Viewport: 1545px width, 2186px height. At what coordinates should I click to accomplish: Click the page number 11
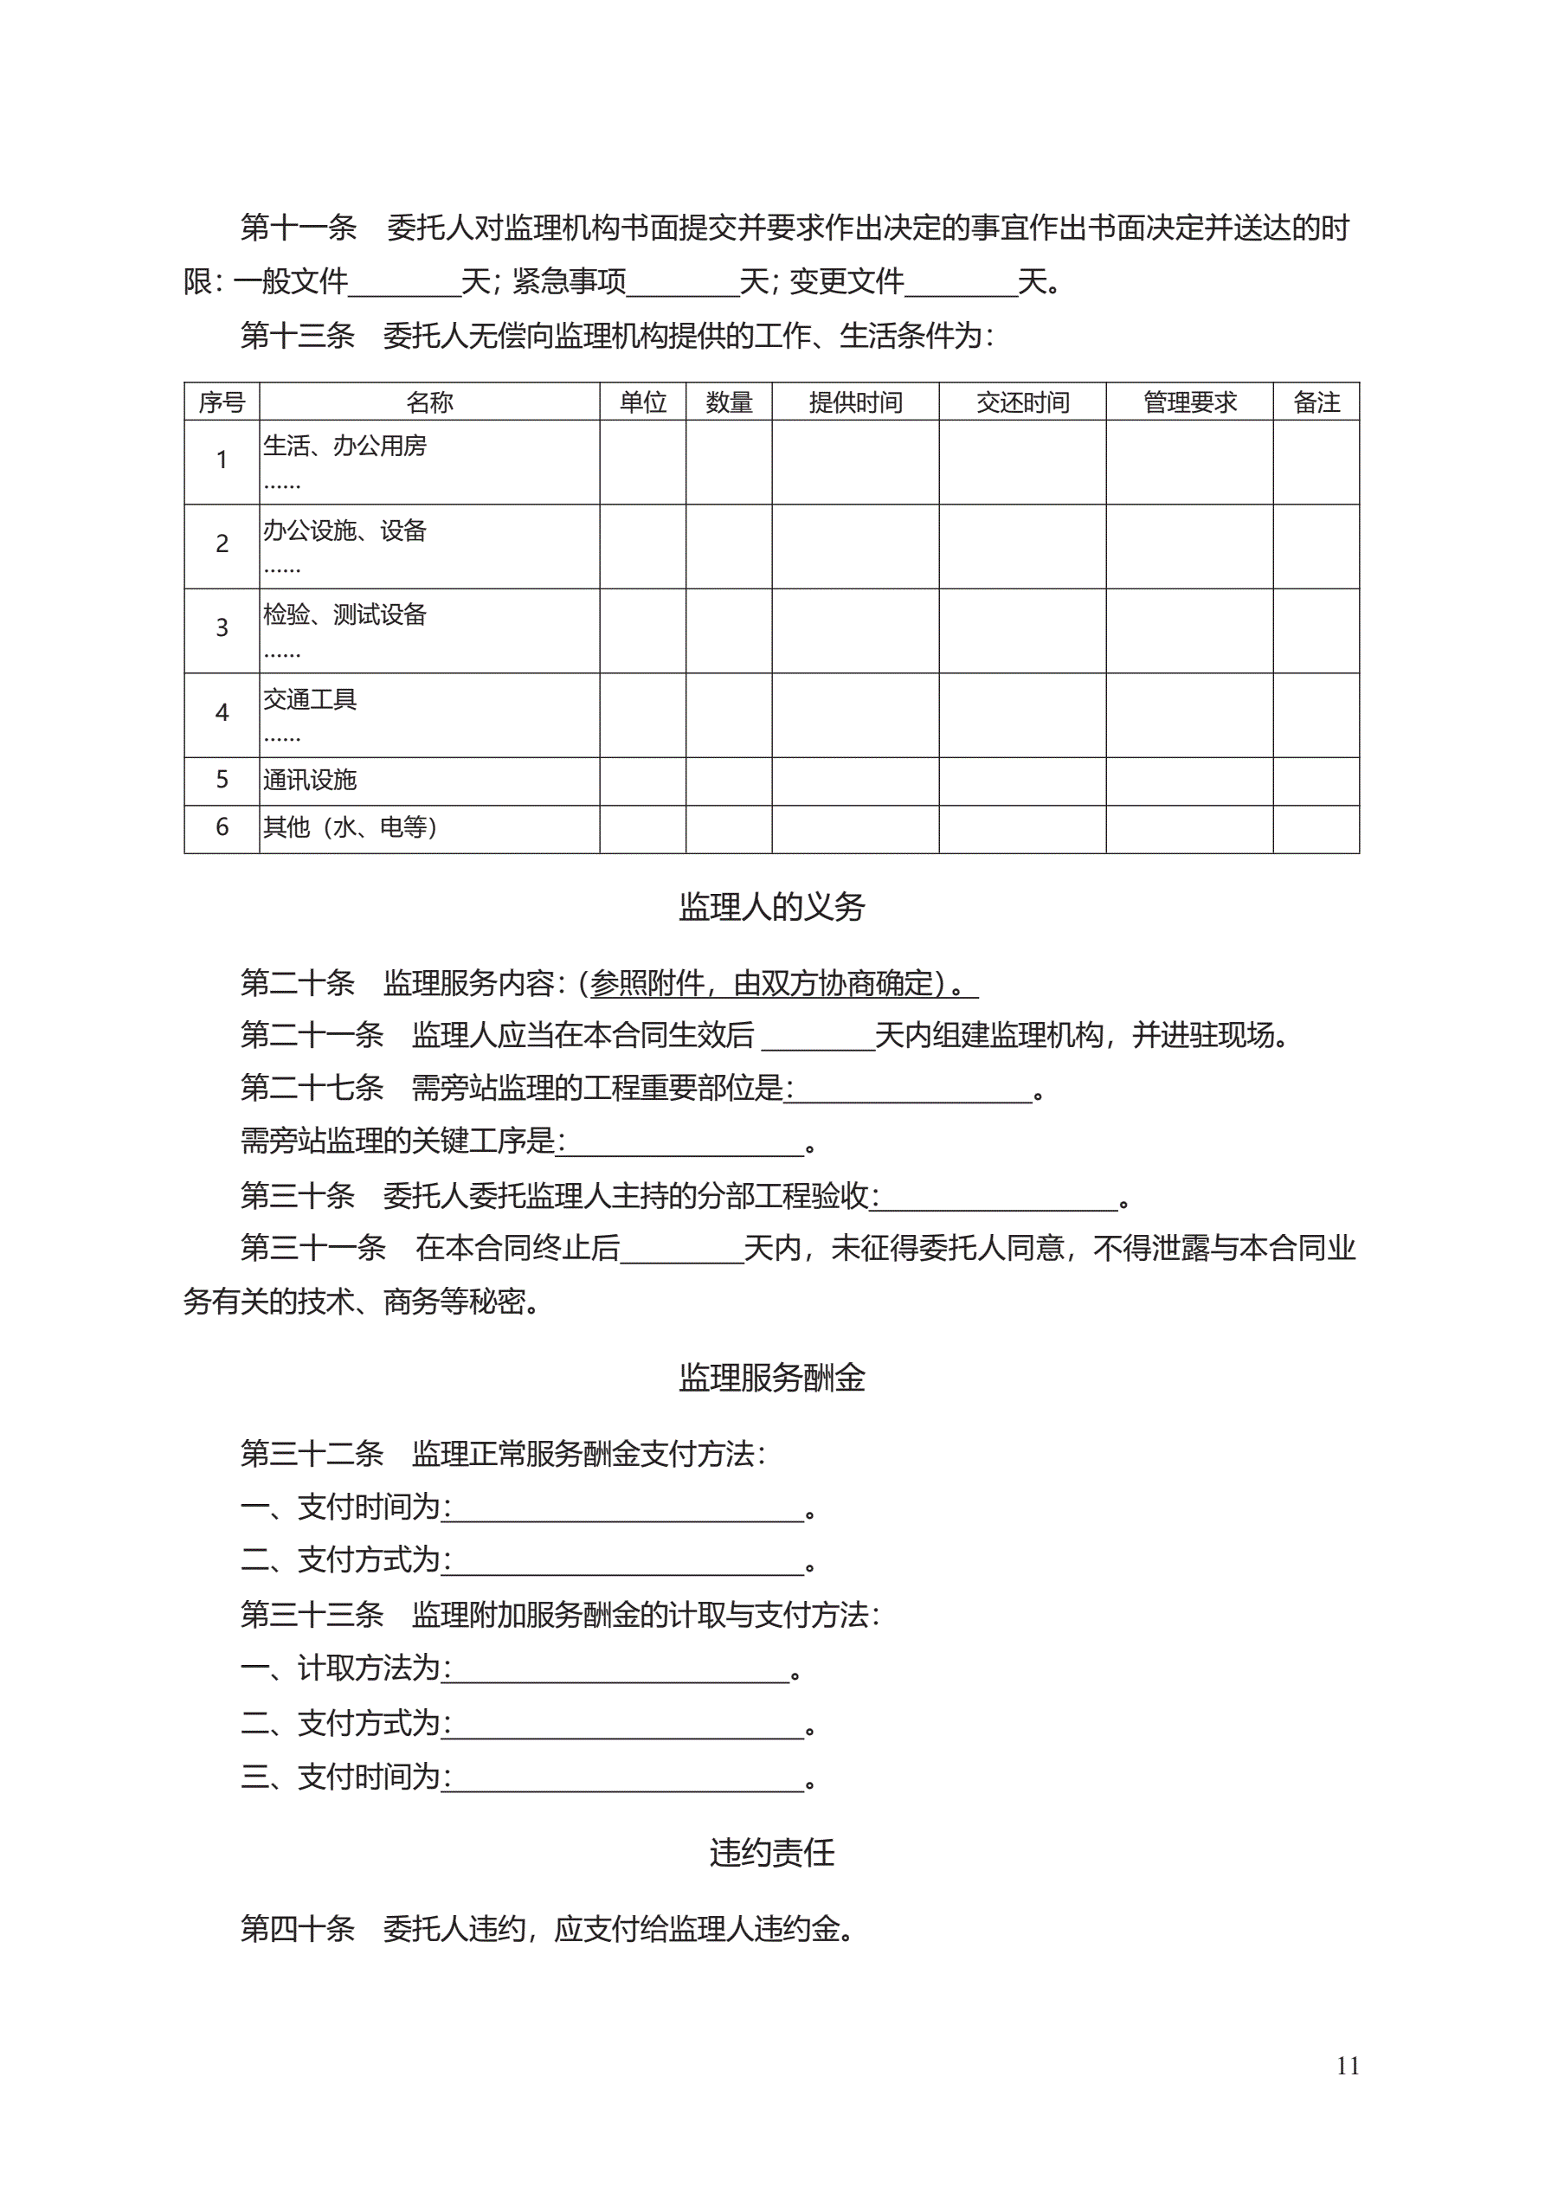1347,2065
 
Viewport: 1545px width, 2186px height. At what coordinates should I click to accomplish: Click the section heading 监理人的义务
771,906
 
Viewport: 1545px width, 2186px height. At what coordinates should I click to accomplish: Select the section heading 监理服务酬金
771,1378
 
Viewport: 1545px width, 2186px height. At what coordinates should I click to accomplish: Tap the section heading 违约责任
771,1852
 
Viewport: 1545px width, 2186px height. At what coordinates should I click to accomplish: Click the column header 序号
222,402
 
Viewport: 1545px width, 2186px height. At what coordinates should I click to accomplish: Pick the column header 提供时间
855,402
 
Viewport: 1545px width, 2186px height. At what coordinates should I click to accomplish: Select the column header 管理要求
1190,402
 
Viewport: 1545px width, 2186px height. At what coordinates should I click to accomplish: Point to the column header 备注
1316,402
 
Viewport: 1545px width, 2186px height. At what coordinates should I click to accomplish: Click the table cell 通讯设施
310,780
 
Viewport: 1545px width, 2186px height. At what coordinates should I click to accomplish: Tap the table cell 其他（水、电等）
350,827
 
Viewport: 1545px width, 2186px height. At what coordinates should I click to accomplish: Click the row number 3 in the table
222,628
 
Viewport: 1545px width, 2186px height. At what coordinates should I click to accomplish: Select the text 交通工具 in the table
310,700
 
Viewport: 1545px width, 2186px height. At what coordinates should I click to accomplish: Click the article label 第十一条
298,228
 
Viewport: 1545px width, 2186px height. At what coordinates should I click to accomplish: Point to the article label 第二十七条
312,1087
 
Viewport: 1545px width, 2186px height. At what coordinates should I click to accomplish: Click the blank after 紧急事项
683,283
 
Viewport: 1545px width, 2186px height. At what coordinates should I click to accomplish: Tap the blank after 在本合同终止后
681,1249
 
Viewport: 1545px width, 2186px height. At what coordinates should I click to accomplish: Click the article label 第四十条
297,1928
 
